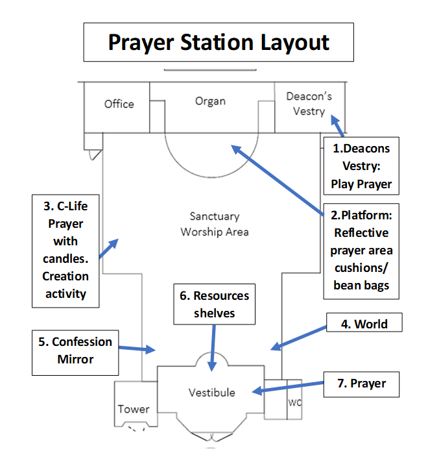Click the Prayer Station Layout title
(x=219, y=42)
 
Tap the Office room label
(x=119, y=104)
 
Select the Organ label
(x=210, y=101)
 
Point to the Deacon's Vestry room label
(x=309, y=104)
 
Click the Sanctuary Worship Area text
(x=215, y=224)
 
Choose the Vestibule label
(x=212, y=393)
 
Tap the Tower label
(x=134, y=409)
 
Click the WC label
(x=295, y=402)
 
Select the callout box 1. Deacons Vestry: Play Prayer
(x=361, y=165)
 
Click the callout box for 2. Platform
(x=361, y=251)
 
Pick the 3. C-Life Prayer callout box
(x=65, y=251)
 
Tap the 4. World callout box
(x=364, y=323)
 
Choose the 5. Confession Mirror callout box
(x=75, y=353)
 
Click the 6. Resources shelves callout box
(x=214, y=304)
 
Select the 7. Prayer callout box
(x=361, y=384)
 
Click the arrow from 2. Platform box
(x=277, y=180)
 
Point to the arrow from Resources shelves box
(x=213, y=348)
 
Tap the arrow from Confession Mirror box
(x=137, y=349)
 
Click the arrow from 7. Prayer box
(x=287, y=388)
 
